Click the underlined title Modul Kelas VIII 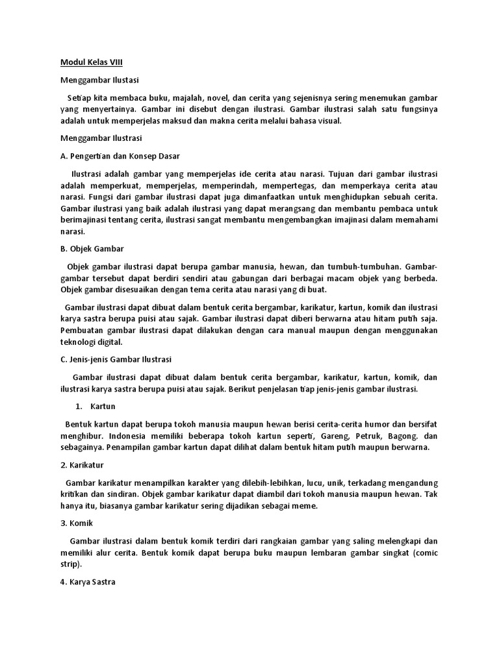click(91, 62)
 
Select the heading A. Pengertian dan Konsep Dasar click(120, 156)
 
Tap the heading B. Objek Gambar click(92, 248)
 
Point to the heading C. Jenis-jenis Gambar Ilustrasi click(116, 359)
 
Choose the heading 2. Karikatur click(83, 466)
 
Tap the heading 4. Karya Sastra click(88, 582)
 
